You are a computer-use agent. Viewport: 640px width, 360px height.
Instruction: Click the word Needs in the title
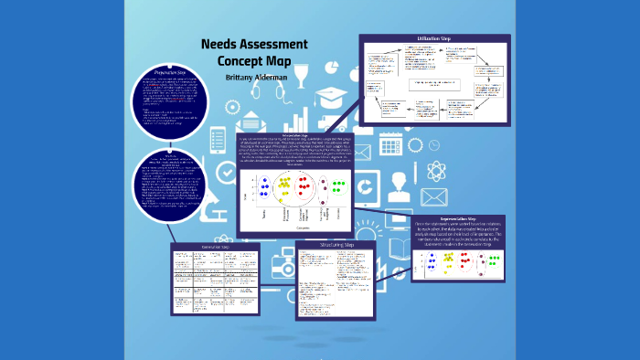pos(221,45)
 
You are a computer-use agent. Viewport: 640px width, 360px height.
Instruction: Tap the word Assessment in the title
pos(275,45)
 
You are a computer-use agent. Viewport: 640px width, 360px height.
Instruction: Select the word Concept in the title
pos(241,60)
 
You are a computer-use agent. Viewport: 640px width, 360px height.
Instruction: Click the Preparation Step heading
pos(169,70)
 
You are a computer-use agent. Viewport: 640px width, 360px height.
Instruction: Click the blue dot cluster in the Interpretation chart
pos(264,188)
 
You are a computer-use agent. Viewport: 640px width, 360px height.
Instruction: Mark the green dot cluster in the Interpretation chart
pos(337,187)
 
